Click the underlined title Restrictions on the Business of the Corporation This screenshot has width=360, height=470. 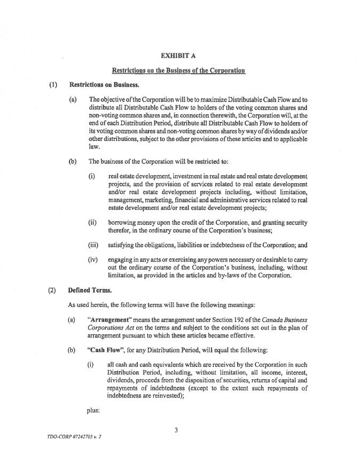(x=178, y=70)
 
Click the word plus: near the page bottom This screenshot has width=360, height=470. (x=93, y=411)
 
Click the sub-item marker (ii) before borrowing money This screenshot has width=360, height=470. (x=92, y=222)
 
